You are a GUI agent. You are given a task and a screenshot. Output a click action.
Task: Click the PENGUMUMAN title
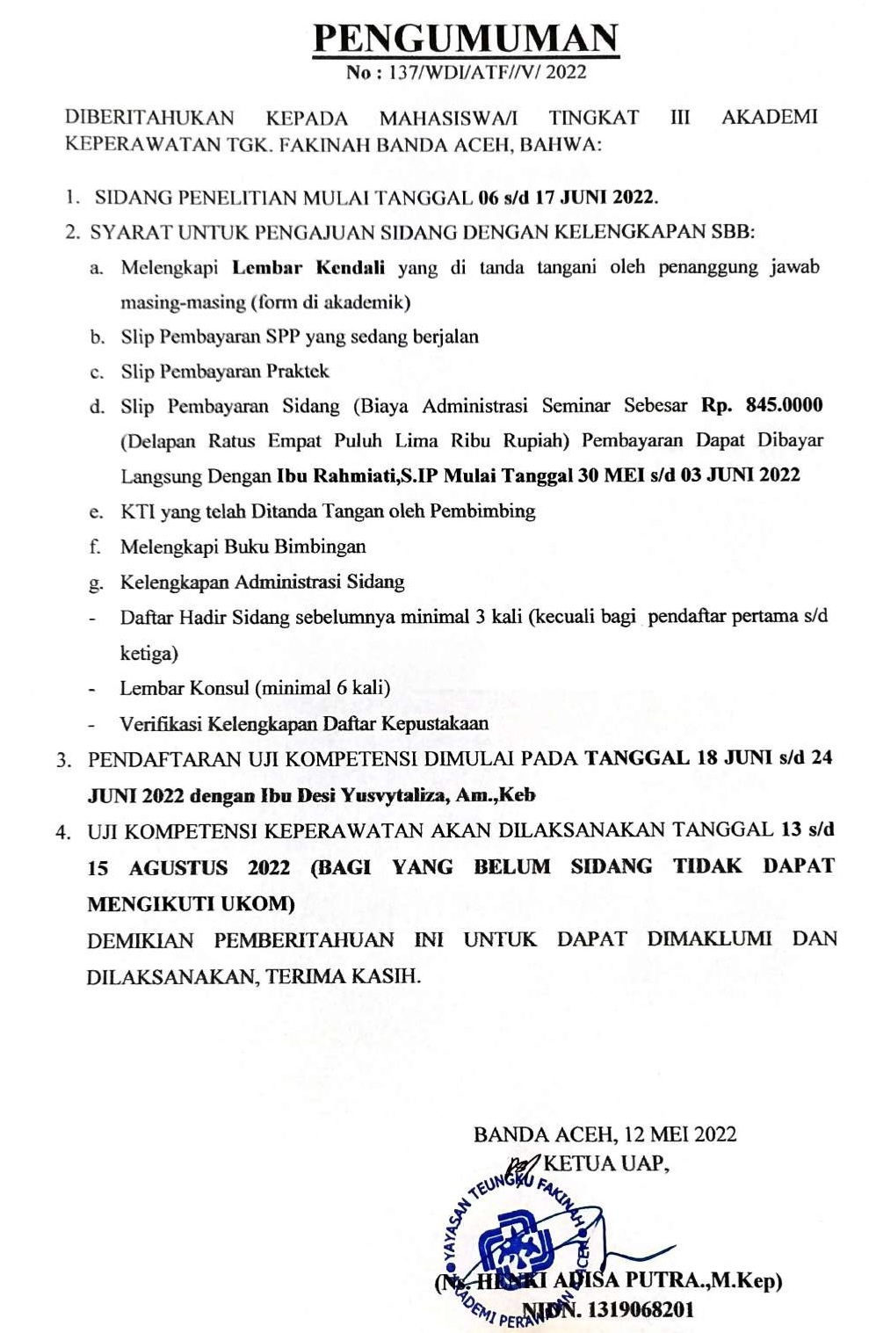(x=466, y=38)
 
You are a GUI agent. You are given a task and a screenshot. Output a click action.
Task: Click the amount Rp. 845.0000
(x=762, y=405)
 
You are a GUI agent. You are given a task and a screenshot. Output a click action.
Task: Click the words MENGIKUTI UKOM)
(x=192, y=903)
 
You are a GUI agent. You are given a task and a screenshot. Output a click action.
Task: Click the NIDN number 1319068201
(x=641, y=1309)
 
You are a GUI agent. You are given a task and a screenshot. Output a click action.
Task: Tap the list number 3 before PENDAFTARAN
(x=63, y=760)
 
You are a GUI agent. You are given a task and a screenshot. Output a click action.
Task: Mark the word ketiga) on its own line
(x=148, y=653)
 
